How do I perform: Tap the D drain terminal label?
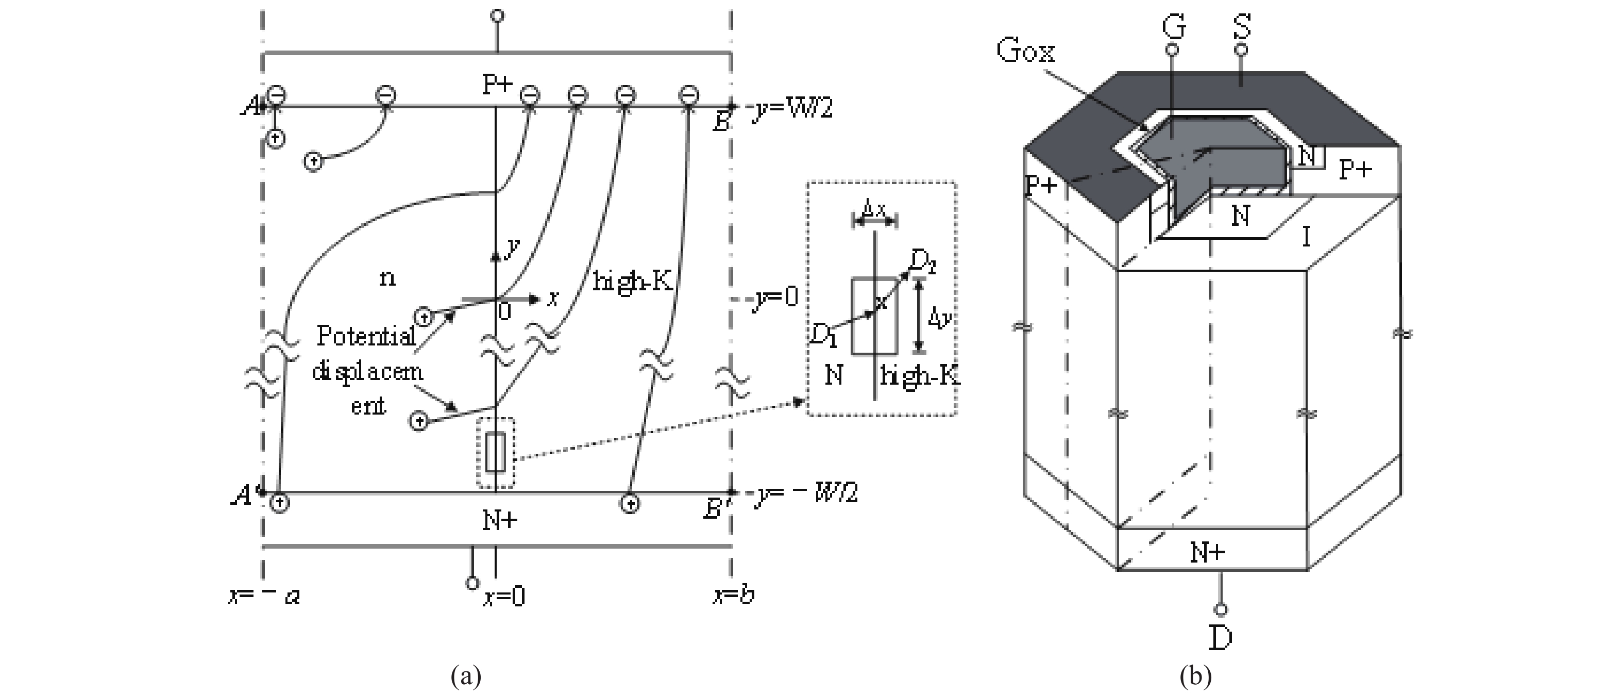click(x=1221, y=638)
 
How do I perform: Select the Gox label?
click(x=1026, y=51)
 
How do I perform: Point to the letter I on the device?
click(x=1306, y=238)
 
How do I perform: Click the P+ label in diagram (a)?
click(x=497, y=85)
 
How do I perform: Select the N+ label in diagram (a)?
click(x=500, y=520)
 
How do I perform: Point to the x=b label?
click(x=734, y=595)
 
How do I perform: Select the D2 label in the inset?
click(x=924, y=262)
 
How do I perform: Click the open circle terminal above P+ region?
click(x=497, y=16)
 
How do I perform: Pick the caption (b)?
click(x=1195, y=676)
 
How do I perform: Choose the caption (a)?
click(x=466, y=676)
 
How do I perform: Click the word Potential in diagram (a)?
click(x=366, y=336)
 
